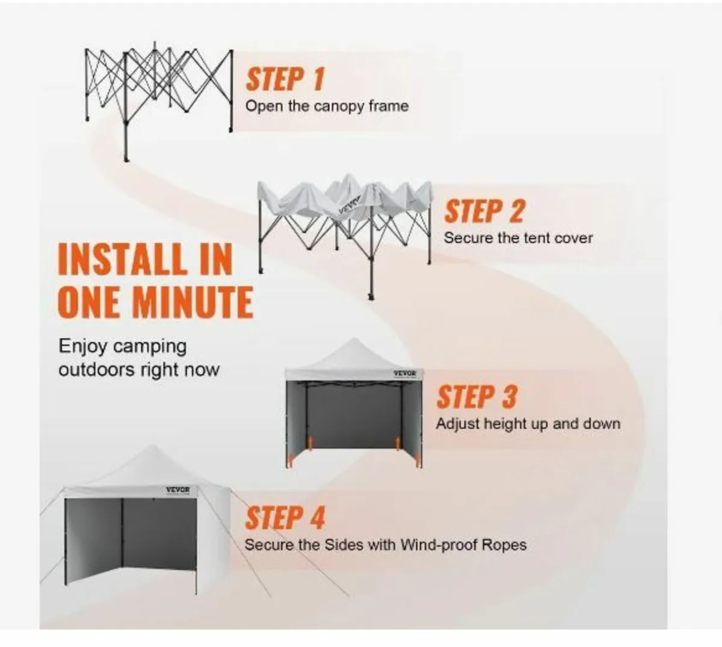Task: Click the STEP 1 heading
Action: click(285, 79)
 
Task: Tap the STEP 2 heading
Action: click(485, 211)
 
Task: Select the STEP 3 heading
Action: click(477, 397)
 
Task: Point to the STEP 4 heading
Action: click(285, 518)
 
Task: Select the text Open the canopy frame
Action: click(327, 107)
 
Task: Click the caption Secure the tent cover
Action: click(518, 238)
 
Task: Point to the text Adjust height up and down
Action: click(528, 424)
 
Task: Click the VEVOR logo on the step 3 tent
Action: click(405, 374)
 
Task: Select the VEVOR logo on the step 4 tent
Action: click(178, 490)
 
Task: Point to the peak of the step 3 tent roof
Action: click(353, 339)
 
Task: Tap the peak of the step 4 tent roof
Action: click(151, 445)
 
